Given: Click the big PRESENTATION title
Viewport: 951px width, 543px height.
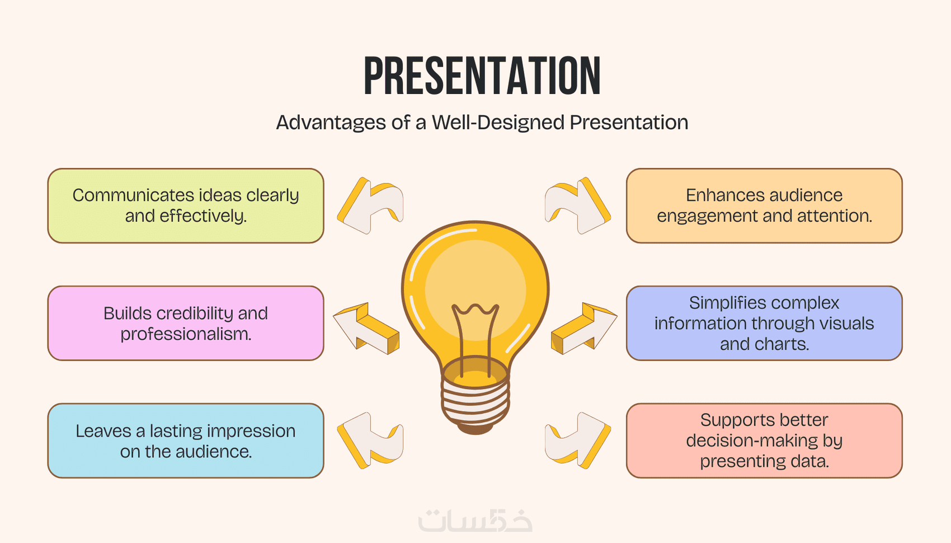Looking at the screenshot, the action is [x=482, y=76].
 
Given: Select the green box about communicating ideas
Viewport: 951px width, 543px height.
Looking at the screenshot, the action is [x=186, y=205].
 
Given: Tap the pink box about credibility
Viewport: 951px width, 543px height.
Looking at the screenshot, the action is [x=186, y=324].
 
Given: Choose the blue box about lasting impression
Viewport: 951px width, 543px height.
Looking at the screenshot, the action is [x=186, y=441].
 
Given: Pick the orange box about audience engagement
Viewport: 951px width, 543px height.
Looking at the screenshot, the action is [x=764, y=205].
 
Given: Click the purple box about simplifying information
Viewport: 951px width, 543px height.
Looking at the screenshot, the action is [x=764, y=324].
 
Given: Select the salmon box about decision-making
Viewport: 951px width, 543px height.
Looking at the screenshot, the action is [x=764, y=441].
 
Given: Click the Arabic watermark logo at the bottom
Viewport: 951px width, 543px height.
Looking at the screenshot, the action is [x=475, y=521].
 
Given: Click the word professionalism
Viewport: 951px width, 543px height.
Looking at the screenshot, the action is [x=186, y=334].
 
